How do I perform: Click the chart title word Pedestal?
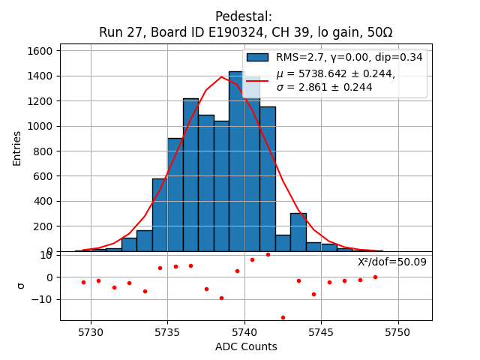tap(243, 16)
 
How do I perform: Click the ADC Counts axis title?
tap(245, 346)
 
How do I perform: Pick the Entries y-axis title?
tap(17, 148)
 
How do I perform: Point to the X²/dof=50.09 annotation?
tap(391, 262)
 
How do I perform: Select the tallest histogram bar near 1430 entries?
tap(236, 161)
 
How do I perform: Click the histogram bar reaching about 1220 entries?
tap(190, 175)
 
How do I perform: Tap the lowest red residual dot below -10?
tap(283, 317)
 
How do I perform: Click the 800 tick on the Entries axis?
tap(46, 151)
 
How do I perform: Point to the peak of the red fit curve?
tap(222, 76)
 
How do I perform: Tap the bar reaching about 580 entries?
tap(160, 214)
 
